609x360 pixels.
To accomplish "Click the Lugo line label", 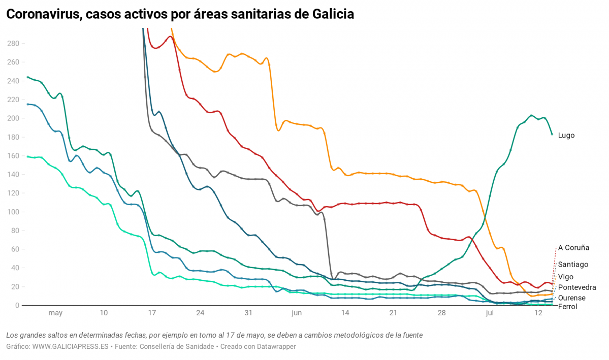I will pos(566,136).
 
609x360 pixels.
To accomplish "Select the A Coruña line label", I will pos(573,248).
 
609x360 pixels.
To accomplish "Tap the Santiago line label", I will pos(573,265).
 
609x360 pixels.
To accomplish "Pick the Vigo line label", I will pos(565,277).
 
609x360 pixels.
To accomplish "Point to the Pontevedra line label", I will pos(577,287).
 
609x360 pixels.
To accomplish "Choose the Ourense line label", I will pos(571,298).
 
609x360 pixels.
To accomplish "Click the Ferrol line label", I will pos(567,307).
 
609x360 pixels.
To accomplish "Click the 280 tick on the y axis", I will pos(13,44).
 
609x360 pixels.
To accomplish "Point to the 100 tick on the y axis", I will pos(13,212).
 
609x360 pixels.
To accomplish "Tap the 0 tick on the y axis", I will pos(17,305).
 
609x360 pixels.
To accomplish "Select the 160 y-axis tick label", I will pos(13,156).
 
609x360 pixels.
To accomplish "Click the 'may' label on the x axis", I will pos(55,313).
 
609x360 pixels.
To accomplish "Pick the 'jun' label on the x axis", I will pos(297,313).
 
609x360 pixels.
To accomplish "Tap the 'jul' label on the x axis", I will pos(490,313).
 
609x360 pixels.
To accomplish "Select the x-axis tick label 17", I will pos(152,313).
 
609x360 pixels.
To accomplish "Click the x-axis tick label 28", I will pos(441,313).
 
